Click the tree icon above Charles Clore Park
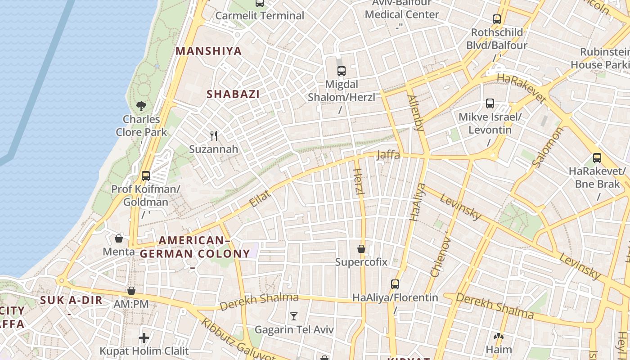[x=141, y=106]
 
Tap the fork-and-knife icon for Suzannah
[x=214, y=135]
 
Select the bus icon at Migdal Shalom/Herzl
[x=342, y=71]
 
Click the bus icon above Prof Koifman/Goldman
[x=145, y=175]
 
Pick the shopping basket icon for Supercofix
[x=361, y=248]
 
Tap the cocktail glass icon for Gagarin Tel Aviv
[x=294, y=316]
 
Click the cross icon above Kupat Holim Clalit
[x=144, y=337]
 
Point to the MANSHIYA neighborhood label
[x=209, y=51]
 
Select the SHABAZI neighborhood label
[x=233, y=94]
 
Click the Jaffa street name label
[x=388, y=155]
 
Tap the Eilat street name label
[x=260, y=198]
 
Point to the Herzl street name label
[x=359, y=182]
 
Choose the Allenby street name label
[x=416, y=112]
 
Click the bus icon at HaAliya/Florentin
[x=395, y=284]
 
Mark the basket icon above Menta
[x=119, y=238]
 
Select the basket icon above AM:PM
[x=131, y=291]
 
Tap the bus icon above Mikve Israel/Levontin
[x=490, y=103]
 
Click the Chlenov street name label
[x=441, y=257]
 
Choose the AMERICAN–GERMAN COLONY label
[x=195, y=247]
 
